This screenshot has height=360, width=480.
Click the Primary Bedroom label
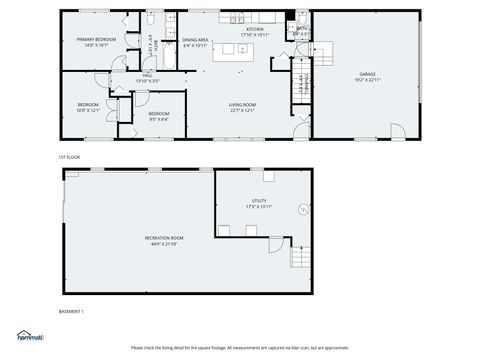point(96,39)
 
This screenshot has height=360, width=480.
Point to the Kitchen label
point(255,30)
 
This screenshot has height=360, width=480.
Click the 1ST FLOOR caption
point(68,157)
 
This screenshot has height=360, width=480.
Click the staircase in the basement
point(300,259)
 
